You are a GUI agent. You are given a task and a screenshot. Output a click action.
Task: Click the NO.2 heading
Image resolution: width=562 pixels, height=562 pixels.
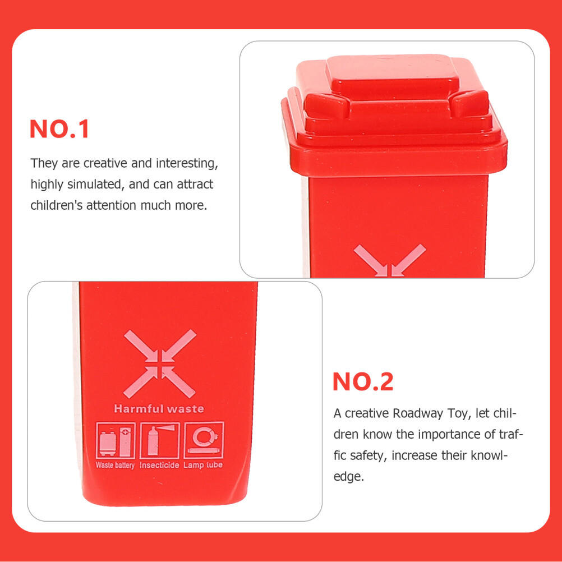tap(363, 381)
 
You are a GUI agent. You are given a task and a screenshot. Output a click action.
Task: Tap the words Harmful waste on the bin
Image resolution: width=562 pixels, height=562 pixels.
tap(159, 408)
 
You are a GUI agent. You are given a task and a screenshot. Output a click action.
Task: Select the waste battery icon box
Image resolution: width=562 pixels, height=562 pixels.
tap(116, 440)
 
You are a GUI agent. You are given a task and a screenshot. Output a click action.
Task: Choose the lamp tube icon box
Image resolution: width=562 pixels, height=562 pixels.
tap(204, 440)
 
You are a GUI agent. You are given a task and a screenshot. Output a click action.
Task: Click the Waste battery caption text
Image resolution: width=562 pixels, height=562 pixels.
tap(115, 465)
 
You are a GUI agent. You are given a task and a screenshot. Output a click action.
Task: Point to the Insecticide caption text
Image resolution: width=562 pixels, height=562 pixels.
tap(159, 465)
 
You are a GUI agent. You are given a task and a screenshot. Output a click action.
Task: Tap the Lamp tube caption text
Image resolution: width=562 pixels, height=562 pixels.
tap(203, 465)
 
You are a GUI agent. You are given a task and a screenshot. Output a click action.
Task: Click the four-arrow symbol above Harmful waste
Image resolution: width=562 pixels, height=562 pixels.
tap(160, 363)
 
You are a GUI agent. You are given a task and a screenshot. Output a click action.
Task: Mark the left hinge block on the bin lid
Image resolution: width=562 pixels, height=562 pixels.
tap(327, 105)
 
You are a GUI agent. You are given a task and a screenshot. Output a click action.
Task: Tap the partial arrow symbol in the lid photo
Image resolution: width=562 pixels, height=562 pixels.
tap(390, 261)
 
